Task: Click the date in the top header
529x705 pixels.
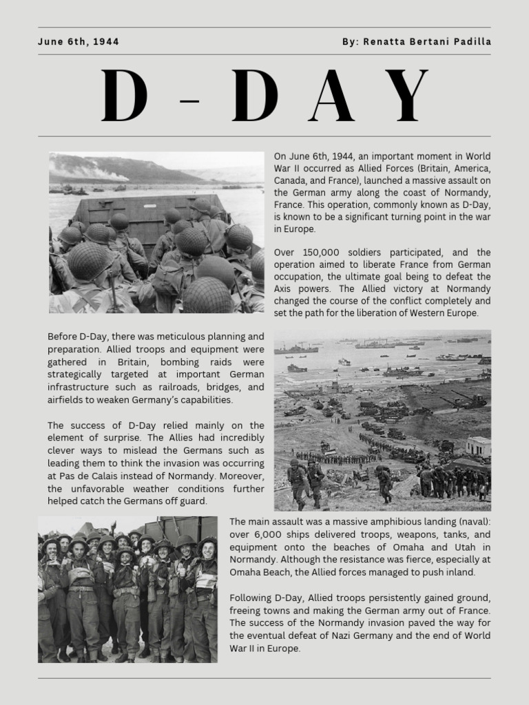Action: coord(79,42)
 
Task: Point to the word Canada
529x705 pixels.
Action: coord(292,180)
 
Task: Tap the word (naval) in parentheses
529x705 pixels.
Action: coord(471,522)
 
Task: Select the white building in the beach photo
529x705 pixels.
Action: coord(478,446)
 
